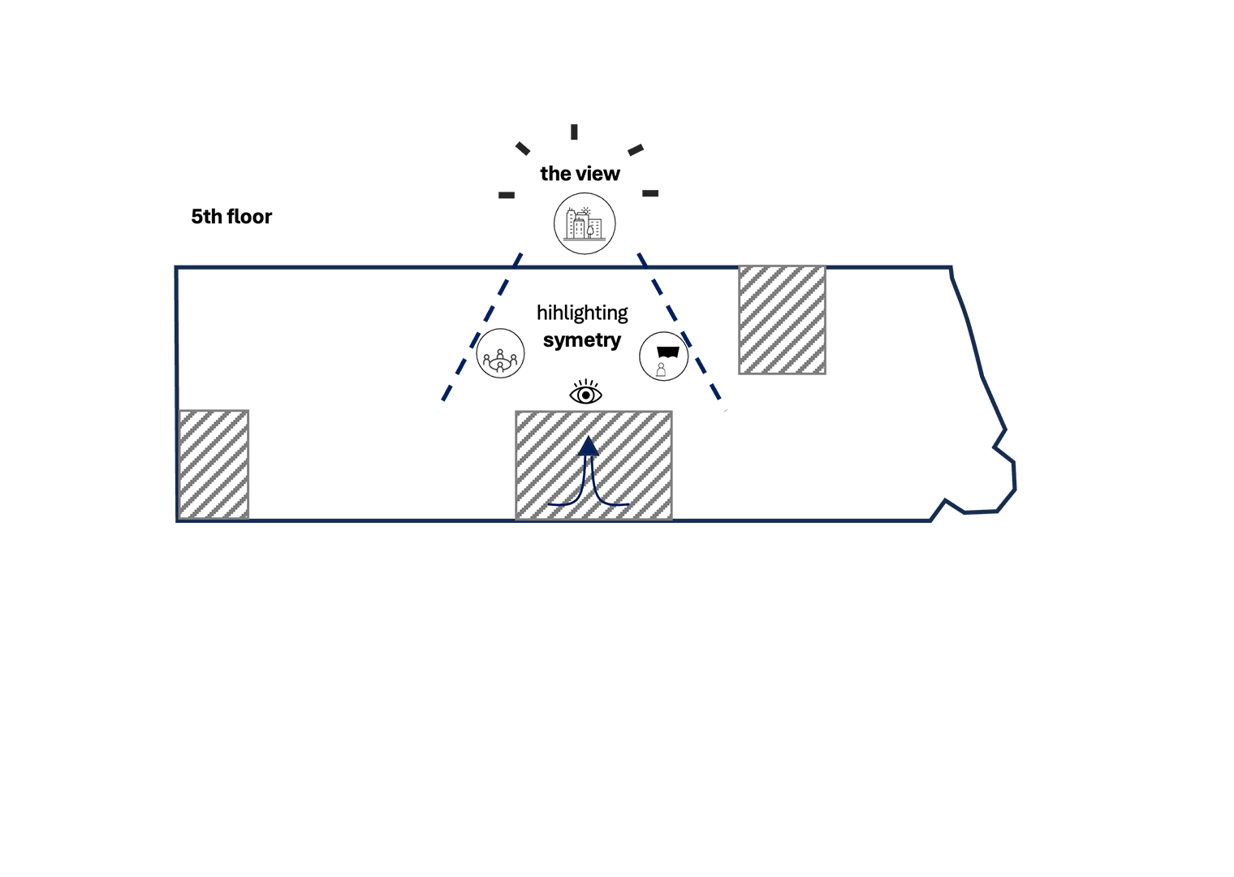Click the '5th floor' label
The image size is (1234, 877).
(231, 217)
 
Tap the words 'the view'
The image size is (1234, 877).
(580, 174)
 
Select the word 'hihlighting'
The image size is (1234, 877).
(582, 313)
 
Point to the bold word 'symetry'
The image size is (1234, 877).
(582, 340)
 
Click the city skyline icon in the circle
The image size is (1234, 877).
(585, 223)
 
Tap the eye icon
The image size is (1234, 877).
(585, 394)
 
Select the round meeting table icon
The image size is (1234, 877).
(500, 353)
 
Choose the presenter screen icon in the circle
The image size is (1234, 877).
(664, 356)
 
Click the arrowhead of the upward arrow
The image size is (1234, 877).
(589, 445)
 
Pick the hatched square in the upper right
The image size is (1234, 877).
(782, 320)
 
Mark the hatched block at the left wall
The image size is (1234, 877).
(214, 464)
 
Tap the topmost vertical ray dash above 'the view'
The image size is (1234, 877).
(574, 132)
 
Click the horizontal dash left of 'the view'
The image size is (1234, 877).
(507, 195)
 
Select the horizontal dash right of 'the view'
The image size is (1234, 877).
(650, 193)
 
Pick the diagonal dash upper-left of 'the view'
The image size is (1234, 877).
(523, 149)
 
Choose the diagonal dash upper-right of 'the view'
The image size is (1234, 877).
(636, 149)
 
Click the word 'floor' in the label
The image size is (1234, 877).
(250, 217)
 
